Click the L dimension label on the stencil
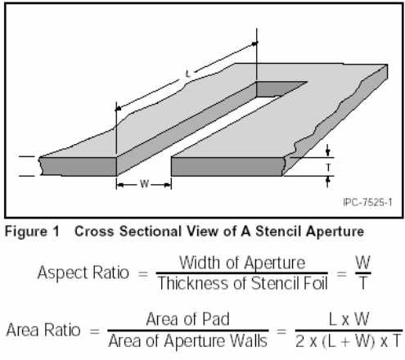[187, 74]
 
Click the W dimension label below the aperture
[144, 184]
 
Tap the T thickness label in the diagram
[328, 167]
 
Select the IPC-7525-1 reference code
[367, 202]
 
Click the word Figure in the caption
[26, 232]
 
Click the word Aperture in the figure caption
[335, 232]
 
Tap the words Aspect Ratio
[83, 272]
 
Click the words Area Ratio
[43, 330]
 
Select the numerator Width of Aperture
[242, 263]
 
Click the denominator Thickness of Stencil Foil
[243, 283]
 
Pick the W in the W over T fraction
[362, 263]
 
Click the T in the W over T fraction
[363, 283]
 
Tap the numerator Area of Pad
[187, 319]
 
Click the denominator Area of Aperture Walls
[187, 341]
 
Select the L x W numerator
[349, 319]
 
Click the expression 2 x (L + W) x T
[349, 341]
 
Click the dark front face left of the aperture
[79, 166]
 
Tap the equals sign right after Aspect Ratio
[143, 273]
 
